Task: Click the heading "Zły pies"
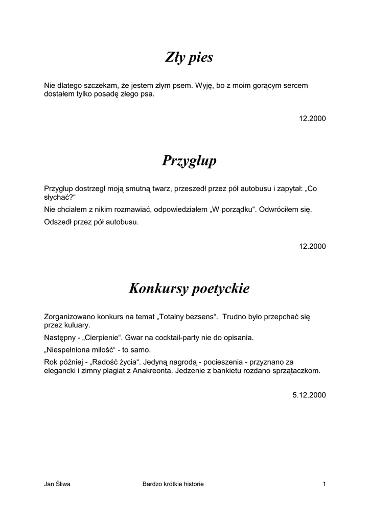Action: point(189,58)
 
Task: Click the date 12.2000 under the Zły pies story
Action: point(312,118)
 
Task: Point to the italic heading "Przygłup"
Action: point(189,161)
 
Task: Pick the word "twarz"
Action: point(160,188)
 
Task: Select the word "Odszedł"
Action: point(58,222)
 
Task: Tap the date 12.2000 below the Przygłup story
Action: point(312,246)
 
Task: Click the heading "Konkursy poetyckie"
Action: point(189,289)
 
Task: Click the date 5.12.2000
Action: point(309,395)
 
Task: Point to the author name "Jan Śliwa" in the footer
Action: point(57,484)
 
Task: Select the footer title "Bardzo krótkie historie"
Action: point(173,484)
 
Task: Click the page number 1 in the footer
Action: point(324,484)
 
